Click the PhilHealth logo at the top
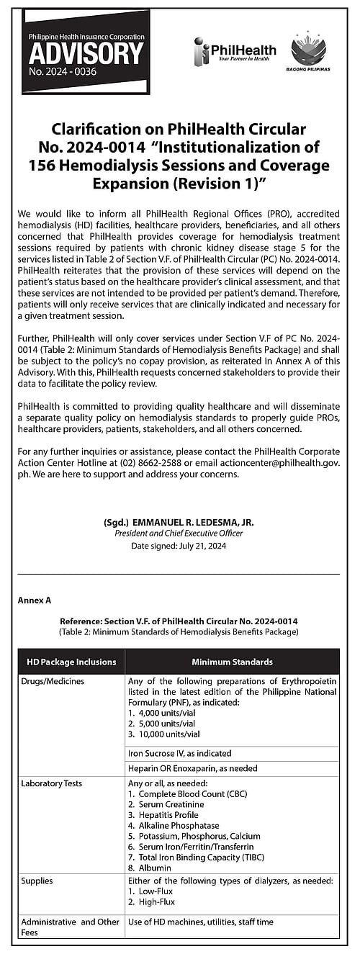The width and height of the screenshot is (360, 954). click(235, 51)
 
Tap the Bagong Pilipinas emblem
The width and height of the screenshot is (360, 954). click(309, 53)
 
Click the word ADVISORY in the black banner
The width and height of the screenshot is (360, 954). click(86, 55)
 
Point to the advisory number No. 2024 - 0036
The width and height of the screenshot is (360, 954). click(63, 72)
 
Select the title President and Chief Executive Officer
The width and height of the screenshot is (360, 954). click(179, 534)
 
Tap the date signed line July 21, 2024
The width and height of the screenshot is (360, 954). click(179, 546)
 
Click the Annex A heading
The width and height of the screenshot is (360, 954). click(33, 599)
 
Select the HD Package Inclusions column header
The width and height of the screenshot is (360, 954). click(71, 662)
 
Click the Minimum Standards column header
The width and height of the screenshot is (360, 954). click(232, 662)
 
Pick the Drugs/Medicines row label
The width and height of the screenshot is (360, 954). click(53, 681)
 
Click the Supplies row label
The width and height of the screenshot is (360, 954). click(37, 881)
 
